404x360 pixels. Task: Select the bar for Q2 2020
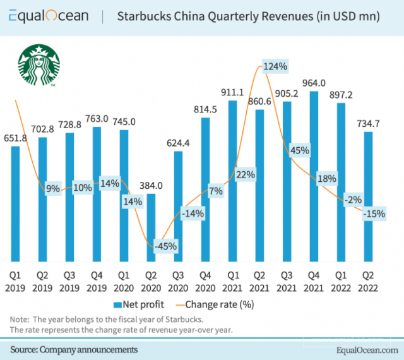[x=151, y=227]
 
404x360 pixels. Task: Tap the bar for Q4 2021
[x=313, y=177]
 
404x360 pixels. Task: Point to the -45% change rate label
[x=166, y=245]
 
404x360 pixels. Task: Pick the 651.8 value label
[x=16, y=138]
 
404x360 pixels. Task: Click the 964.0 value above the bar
[x=313, y=83]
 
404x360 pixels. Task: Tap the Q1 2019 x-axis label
[x=15, y=281]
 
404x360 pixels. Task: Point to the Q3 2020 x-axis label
[x=178, y=281]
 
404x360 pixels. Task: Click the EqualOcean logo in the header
[x=50, y=16]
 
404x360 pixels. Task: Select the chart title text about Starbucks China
[x=248, y=16]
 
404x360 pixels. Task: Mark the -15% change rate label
[x=374, y=214]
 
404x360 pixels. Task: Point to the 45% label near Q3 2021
[x=299, y=150]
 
